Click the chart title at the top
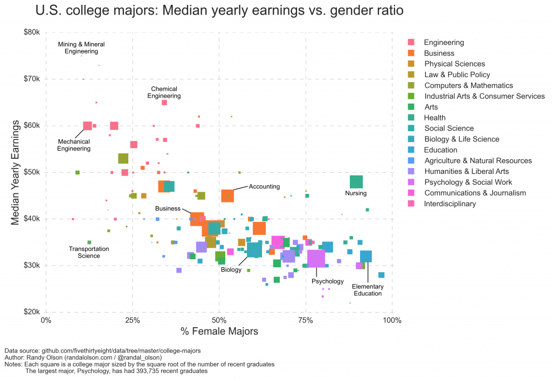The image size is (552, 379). point(219,11)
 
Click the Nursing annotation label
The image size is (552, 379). point(355,193)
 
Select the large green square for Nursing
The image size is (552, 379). point(356,182)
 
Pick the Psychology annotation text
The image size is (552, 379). point(327,281)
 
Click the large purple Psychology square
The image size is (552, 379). point(316,259)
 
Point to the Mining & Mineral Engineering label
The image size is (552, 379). point(81,48)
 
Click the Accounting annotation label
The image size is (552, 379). point(264,187)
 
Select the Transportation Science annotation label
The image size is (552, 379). point(89,252)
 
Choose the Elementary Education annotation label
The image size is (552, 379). point(367,290)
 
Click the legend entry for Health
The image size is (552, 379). point(434,118)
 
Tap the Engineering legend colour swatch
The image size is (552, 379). point(411,43)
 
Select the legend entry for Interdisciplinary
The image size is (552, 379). point(450,204)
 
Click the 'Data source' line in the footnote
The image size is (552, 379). point(102,351)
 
